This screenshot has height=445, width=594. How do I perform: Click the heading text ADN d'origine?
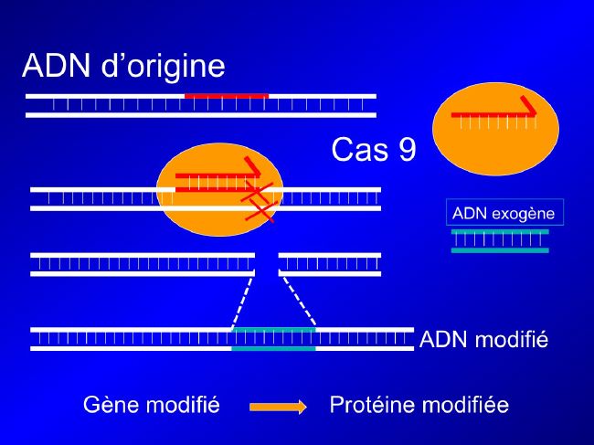[123, 67]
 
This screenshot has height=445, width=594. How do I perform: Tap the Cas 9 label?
[374, 149]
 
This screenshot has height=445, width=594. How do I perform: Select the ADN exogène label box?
[504, 212]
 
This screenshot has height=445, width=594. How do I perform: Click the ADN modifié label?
[483, 339]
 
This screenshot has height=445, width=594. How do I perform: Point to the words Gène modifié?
[152, 405]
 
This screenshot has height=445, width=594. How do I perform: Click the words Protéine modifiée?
[419, 405]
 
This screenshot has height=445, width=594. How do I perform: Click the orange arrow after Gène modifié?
[278, 407]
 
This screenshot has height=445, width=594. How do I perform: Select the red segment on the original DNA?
[227, 96]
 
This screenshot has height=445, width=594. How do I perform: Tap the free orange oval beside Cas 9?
[495, 129]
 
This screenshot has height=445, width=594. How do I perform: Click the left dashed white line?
[241, 302]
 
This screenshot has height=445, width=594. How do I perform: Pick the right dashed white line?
[299, 302]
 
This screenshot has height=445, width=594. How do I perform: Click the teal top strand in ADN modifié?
[273, 330]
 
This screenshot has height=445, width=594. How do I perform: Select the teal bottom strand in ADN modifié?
[273, 348]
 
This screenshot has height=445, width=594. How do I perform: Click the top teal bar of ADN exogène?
[500, 232]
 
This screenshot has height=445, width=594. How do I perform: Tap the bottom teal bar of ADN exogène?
[500, 250]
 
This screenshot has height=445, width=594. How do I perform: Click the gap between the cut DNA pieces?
[267, 264]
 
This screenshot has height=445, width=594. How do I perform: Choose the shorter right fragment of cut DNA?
[330, 264]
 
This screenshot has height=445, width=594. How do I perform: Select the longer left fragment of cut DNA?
[143, 264]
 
